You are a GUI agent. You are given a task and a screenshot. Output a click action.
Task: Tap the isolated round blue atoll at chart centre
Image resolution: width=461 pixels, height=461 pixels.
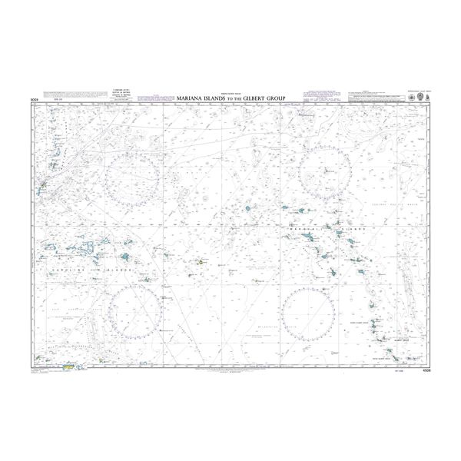(x=247, y=207)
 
